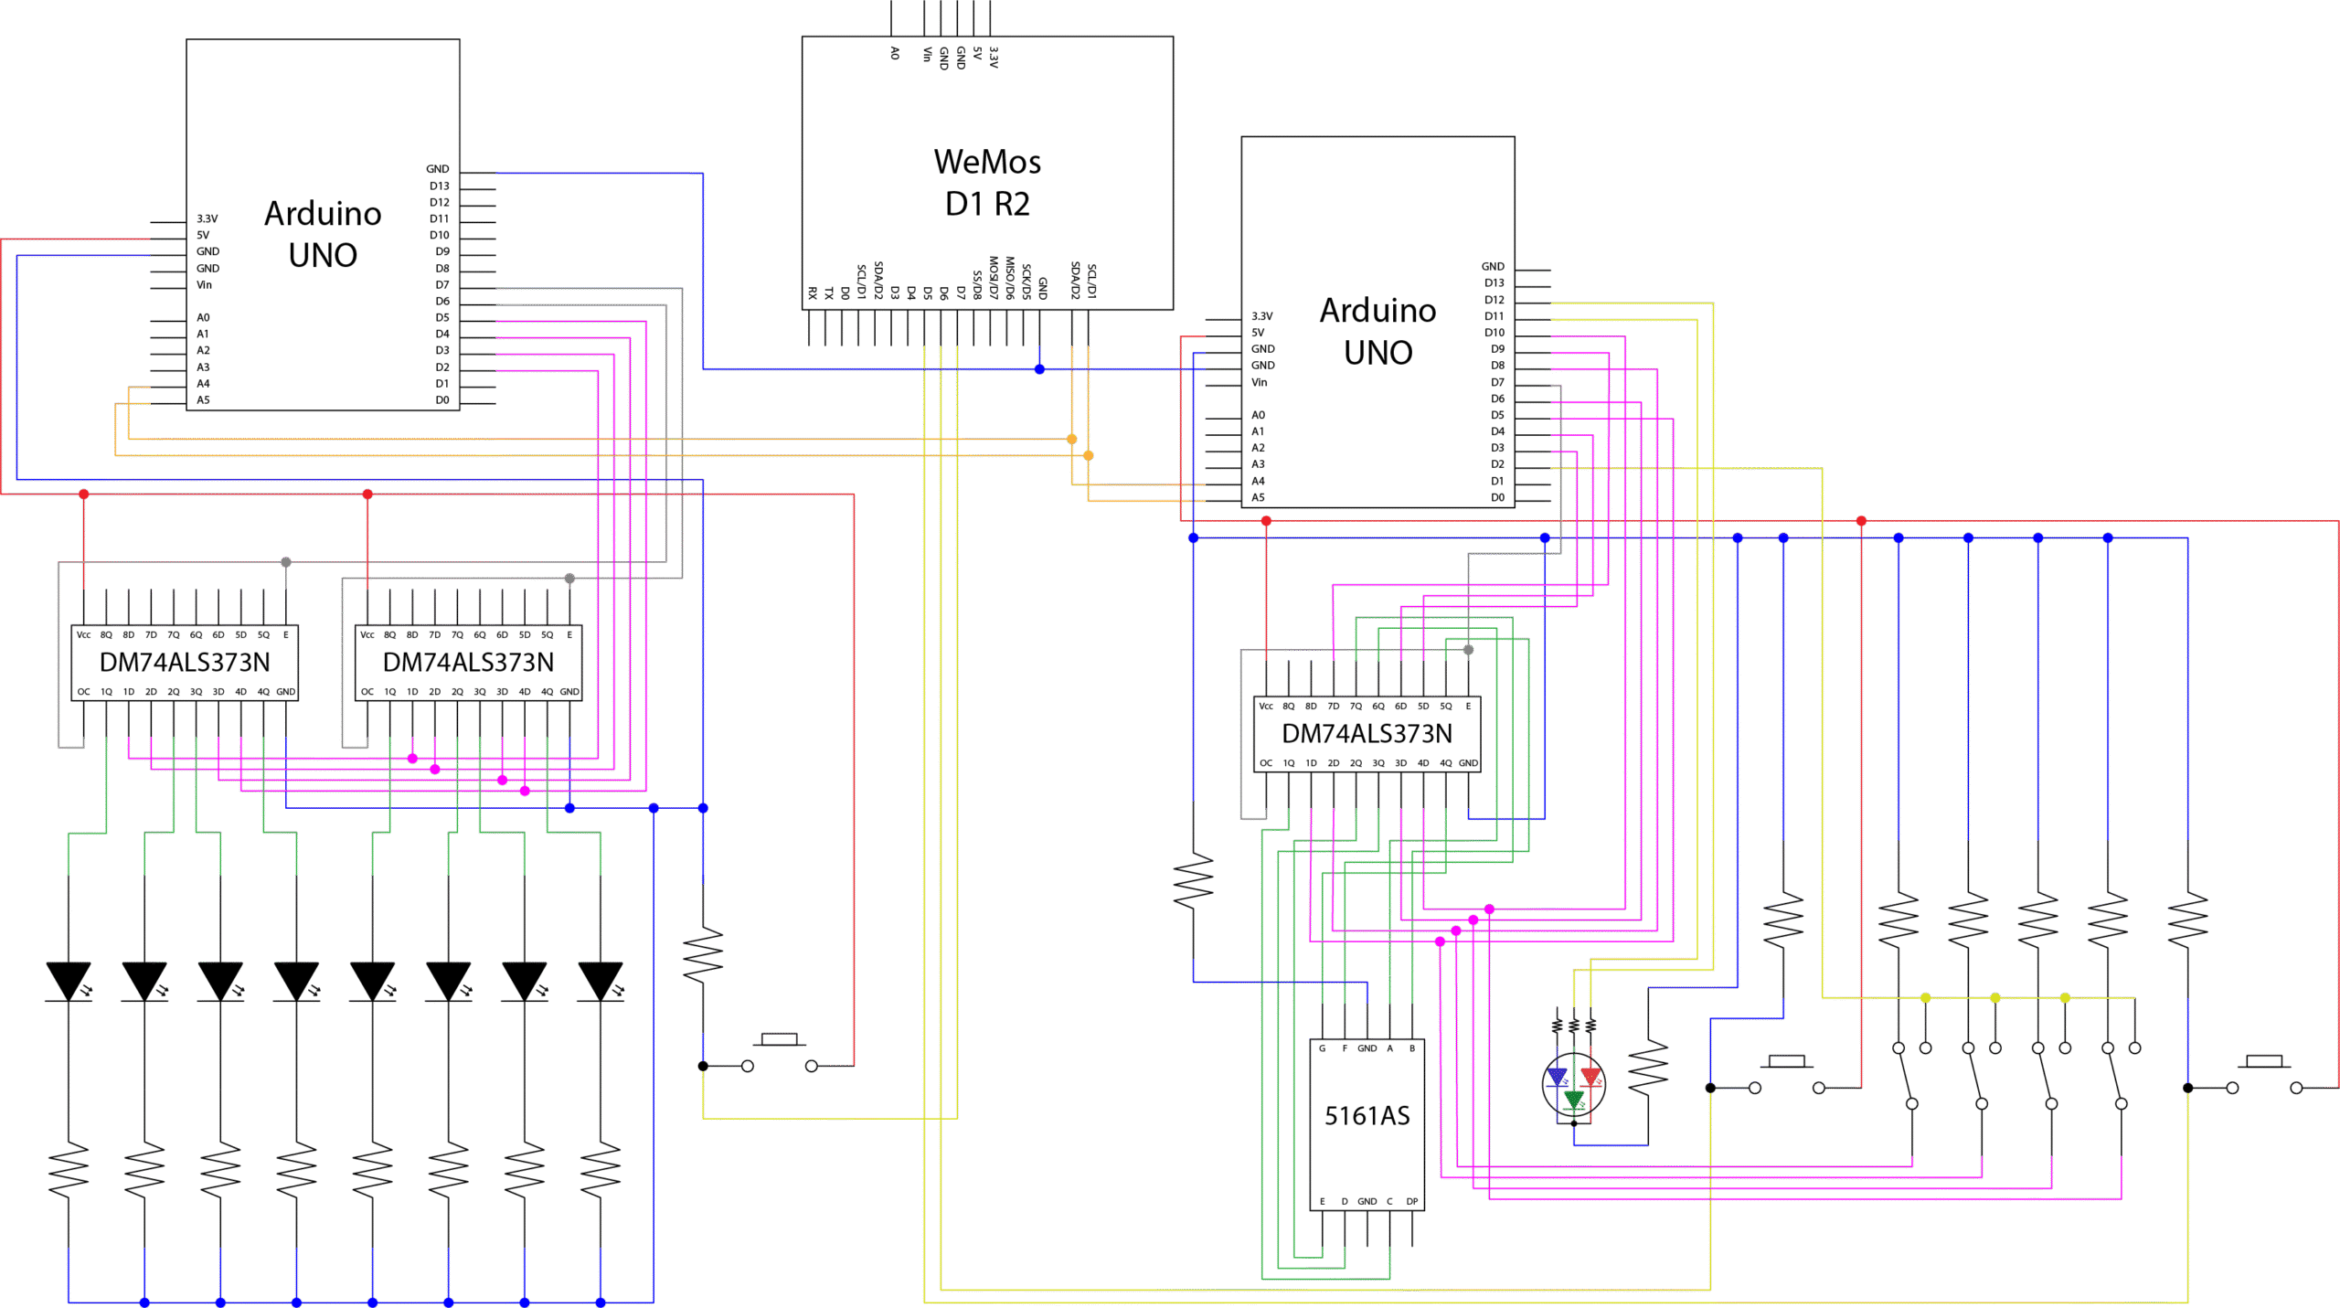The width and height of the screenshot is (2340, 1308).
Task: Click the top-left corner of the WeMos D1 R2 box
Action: [803, 37]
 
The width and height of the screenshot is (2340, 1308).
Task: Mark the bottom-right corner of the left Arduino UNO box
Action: [460, 410]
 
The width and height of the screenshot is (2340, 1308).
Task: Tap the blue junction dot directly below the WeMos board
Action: [1039, 369]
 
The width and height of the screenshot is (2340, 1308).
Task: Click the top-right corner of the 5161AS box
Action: [1424, 1039]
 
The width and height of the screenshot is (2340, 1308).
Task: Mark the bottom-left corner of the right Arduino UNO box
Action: [1241, 507]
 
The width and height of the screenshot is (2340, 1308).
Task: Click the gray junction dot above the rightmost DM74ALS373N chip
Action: [1468, 650]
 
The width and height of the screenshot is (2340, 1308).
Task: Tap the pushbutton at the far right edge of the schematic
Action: [2264, 1074]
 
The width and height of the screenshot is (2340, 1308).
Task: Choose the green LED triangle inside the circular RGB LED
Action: [1573, 1099]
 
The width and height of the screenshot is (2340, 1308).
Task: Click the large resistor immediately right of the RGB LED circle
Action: [1648, 1068]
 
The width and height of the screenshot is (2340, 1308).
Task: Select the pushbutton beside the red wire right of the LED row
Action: [779, 1052]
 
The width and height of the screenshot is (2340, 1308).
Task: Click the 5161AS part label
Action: [1367, 1116]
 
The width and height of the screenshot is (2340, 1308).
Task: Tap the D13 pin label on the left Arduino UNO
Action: [439, 186]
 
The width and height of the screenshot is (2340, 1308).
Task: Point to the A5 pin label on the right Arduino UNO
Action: [1258, 497]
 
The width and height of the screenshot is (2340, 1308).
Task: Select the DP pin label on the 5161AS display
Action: [1412, 1201]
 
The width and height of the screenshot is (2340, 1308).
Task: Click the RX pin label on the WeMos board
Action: [812, 292]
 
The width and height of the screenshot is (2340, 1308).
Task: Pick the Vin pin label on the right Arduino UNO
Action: [1259, 382]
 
